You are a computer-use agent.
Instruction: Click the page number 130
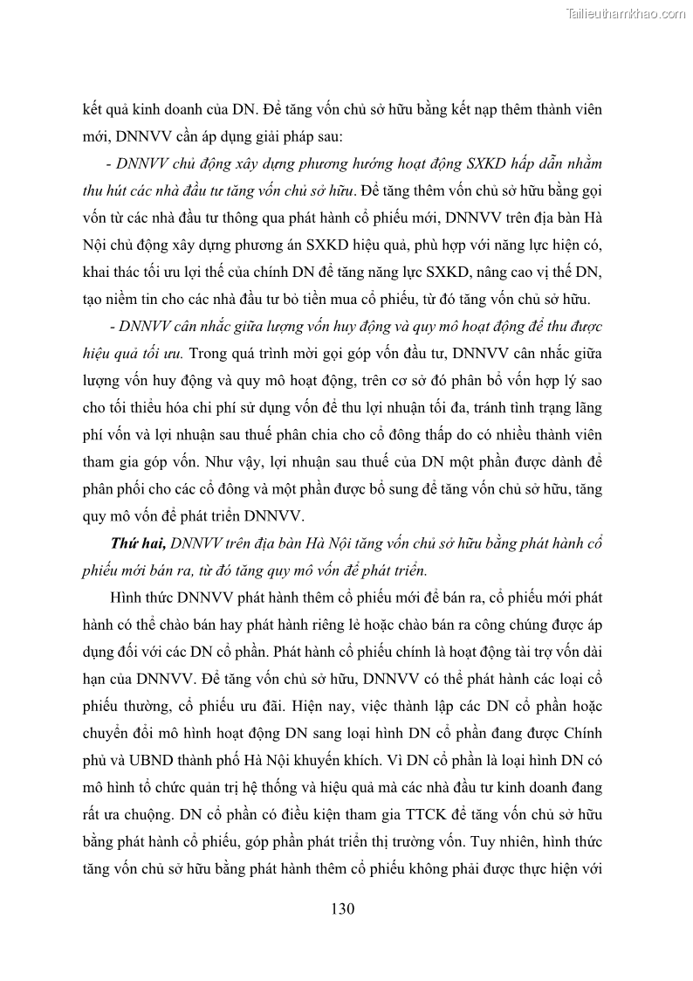342,908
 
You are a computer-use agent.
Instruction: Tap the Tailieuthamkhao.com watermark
626,13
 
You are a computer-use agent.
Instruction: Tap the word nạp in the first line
493,112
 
